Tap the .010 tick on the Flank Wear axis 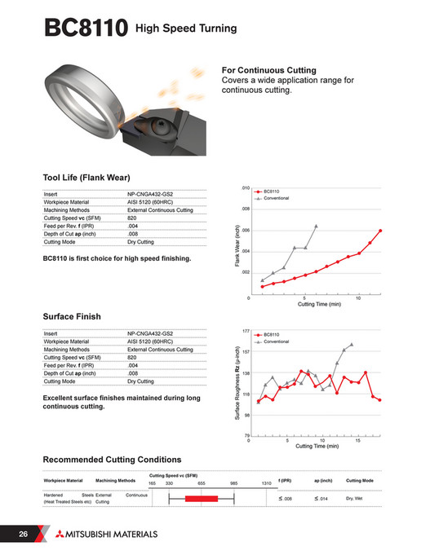[245, 188]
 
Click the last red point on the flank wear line [380, 231]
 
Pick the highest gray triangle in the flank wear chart [316, 225]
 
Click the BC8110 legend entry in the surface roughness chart [273, 334]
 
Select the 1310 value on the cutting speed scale [266, 483]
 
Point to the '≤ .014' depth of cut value [320, 499]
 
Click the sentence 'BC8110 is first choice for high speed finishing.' [117, 259]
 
